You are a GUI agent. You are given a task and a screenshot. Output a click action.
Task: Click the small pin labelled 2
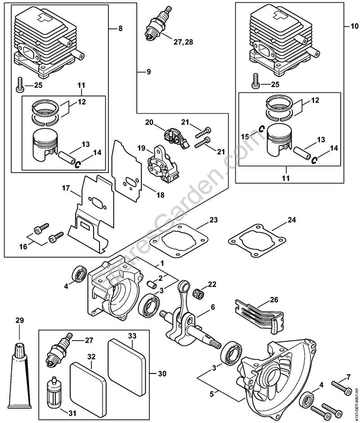coord(152,284)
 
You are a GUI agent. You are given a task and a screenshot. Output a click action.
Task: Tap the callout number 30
coord(162,373)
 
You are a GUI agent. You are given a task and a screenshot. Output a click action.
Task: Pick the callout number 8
coord(120,28)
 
